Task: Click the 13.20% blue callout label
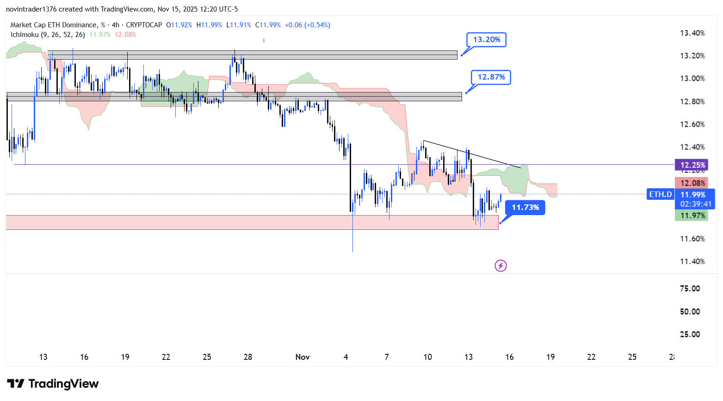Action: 486,40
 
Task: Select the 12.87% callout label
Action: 491,77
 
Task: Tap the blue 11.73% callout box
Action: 525,208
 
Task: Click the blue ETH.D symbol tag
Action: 660,195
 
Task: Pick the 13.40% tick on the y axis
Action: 692,33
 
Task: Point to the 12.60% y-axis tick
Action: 692,124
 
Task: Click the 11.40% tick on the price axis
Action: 692,262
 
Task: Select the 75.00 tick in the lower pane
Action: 690,289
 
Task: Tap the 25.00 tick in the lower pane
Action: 690,334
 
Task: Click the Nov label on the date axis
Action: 303,357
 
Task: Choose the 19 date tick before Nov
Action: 125,357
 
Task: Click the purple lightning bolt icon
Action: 501,265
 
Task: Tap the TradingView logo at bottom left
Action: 53,384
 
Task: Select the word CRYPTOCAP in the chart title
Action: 144,25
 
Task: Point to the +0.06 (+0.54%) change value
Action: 307,25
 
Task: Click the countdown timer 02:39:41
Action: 696,204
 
